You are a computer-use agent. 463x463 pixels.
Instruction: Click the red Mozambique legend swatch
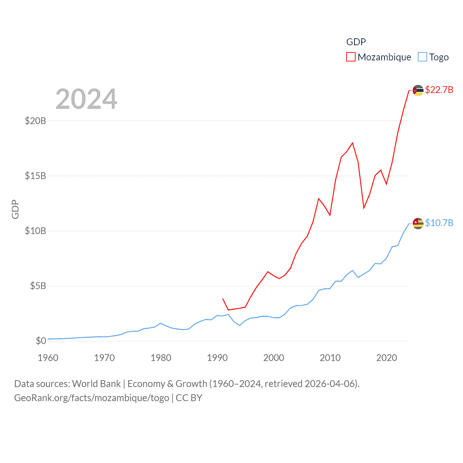coord(351,57)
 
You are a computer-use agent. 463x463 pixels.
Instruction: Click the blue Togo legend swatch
coord(422,57)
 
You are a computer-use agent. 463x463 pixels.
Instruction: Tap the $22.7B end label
coord(439,90)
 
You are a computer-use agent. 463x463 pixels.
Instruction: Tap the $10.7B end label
coord(439,223)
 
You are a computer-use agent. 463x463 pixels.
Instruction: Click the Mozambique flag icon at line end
coord(418,90)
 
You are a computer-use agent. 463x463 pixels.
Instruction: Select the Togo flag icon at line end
coord(418,224)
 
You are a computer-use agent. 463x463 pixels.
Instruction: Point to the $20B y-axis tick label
coord(35,121)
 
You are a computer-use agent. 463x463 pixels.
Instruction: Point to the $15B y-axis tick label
coord(35,176)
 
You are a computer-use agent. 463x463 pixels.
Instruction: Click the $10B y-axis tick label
coord(35,231)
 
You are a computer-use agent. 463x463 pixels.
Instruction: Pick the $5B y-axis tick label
coord(38,286)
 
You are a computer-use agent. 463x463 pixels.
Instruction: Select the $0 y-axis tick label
coord(41,341)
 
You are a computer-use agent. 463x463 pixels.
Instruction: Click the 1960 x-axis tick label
coord(48,358)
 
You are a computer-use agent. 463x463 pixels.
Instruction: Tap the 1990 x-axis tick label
coord(217,358)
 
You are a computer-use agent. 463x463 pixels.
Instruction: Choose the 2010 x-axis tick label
coord(330,358)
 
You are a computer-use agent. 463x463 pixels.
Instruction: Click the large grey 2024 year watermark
coord(86,99)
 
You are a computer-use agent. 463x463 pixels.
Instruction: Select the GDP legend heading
coord(356,42)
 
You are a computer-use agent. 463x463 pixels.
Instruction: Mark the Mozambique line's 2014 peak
coord(352,143)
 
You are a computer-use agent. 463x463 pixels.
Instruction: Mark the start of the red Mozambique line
coord(223,299)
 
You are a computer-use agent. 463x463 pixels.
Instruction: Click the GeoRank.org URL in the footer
coord(92,398)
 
